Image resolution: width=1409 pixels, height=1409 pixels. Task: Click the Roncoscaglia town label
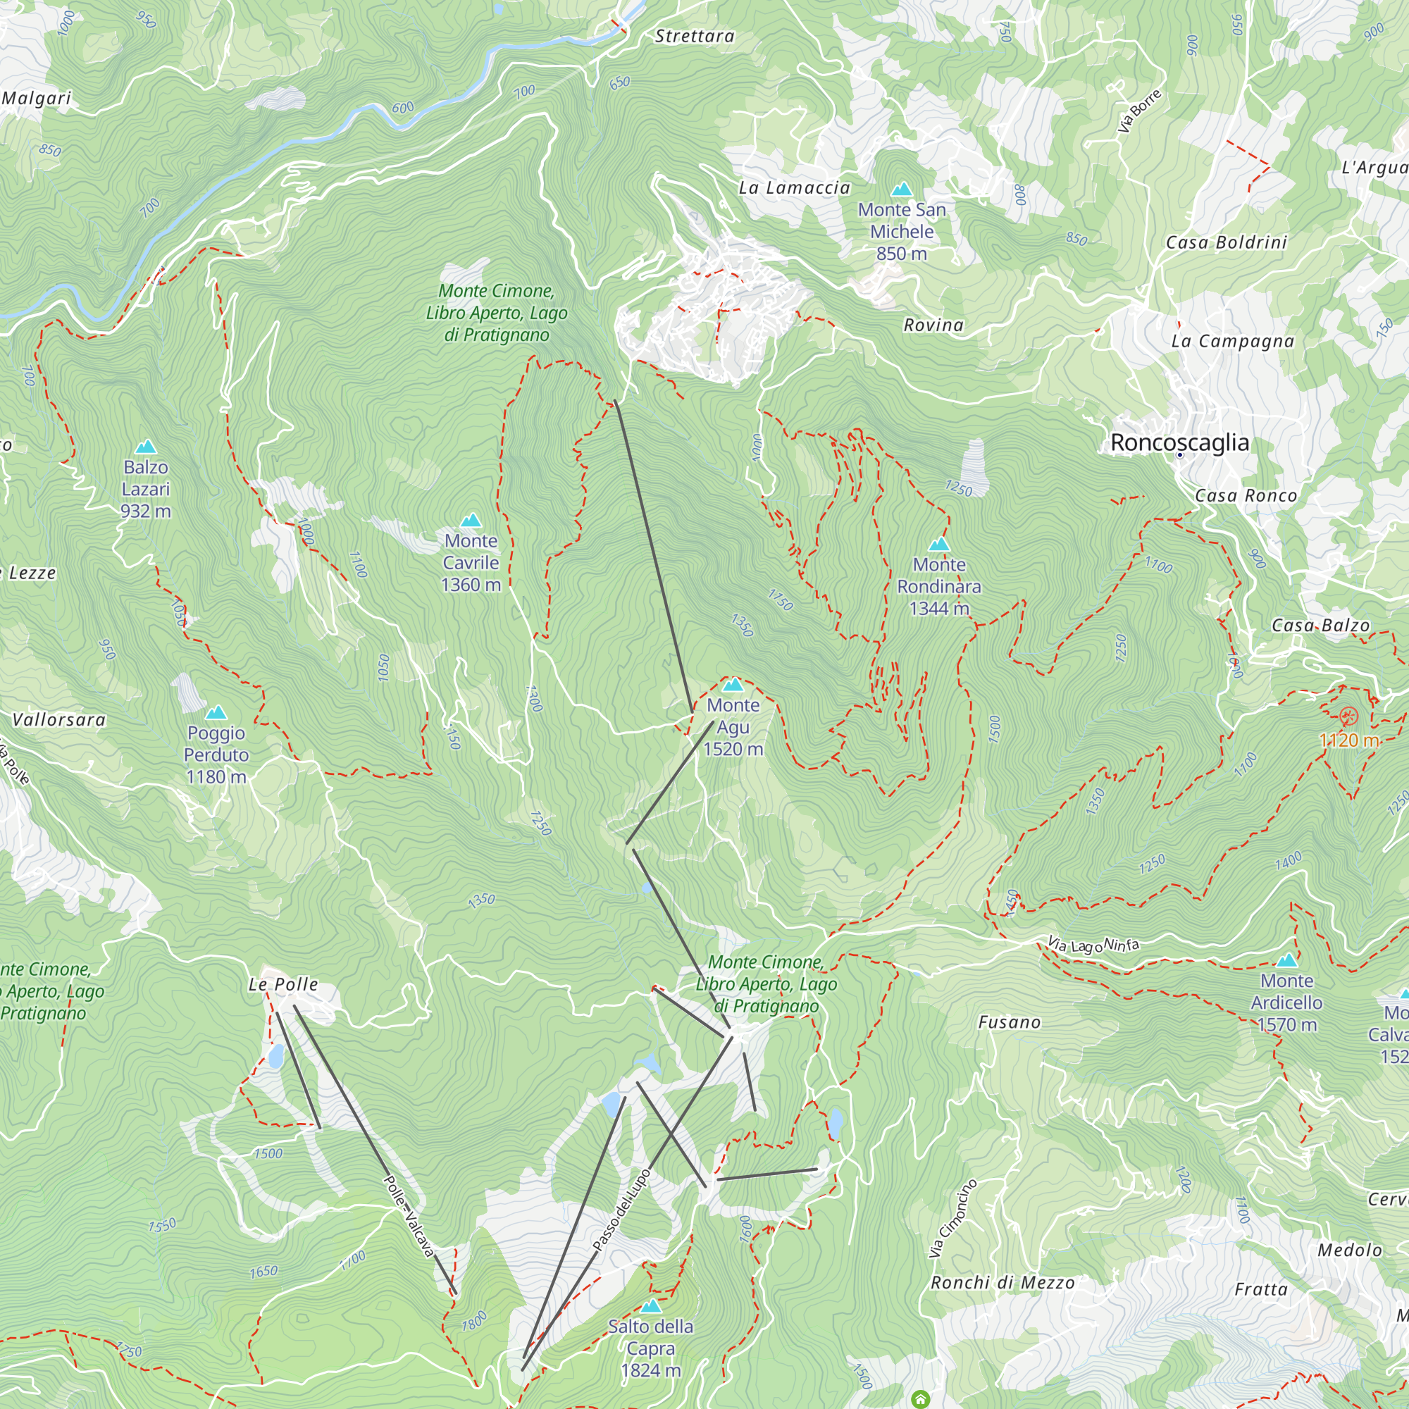click(1179, 442)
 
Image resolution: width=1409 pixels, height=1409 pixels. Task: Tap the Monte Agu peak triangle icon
click(732, 685)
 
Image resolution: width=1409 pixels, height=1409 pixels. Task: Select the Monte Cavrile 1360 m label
click(471, 562)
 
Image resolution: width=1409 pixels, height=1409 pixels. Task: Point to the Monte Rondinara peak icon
click(938, 544)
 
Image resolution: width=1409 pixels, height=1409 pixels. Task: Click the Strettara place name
click(695, 37)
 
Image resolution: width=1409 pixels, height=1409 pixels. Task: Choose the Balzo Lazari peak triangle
click(146, 447)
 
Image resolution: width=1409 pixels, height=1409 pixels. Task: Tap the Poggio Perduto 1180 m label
click(216, 755)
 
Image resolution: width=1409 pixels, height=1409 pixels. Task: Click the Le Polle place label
click(283, 985)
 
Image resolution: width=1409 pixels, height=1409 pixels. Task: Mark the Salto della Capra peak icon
click(650, 1306)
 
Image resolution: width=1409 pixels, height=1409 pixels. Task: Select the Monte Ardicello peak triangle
click(1286, 960)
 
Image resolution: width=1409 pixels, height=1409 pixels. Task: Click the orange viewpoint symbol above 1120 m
click(1348, 716)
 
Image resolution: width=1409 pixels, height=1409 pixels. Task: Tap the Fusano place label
click(1009, 1022)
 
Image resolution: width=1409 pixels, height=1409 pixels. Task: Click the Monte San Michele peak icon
click(902, 190)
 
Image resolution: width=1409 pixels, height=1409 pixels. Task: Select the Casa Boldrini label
click(1226, 243)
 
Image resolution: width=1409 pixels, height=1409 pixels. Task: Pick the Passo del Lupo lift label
click(621, 1210)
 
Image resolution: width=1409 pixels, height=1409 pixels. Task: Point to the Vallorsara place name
click(59, 720)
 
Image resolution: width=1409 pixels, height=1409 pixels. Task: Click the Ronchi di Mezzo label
click(1002, 1283)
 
